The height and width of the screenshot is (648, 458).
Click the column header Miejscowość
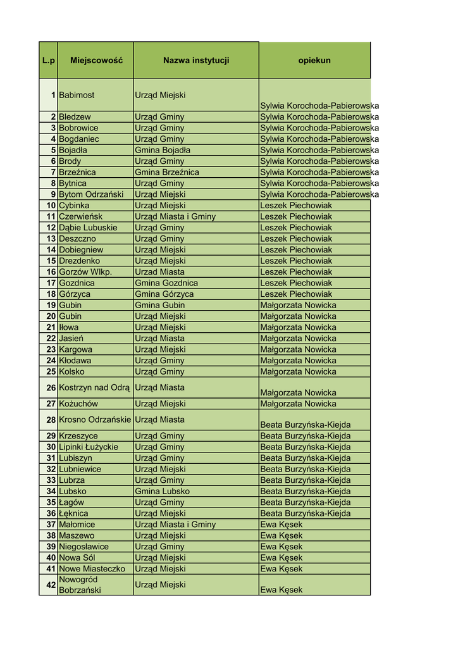tap(96, 61)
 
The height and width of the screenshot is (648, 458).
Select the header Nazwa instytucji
tap(196, 61)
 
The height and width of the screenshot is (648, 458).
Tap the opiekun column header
tap(314, 61)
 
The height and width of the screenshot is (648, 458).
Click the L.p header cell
tap(49, 61)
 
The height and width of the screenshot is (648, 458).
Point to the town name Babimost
tap(77, 95)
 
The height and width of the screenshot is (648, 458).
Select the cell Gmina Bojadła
tap(163, 150)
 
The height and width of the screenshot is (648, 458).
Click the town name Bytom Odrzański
tap(91, 194)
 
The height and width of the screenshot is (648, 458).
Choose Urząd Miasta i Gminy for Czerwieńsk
tap(175, 216)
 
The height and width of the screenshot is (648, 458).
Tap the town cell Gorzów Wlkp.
tap(85, 271)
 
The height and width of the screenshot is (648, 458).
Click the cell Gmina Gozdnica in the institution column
tap(166, 283)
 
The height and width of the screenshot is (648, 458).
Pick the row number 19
tap(51, 305)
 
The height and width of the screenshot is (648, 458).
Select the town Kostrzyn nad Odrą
tap(94, 387)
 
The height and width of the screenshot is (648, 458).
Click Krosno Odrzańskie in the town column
tap(95, 420)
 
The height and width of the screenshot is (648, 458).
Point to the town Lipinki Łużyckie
tap(89, 447)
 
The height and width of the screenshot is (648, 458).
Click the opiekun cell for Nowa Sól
tap(282, 558)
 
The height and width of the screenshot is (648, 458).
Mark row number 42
tap(51, 585)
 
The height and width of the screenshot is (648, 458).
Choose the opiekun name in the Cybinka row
tap(296, 206)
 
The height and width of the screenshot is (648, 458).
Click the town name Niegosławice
tap(84, 547)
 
